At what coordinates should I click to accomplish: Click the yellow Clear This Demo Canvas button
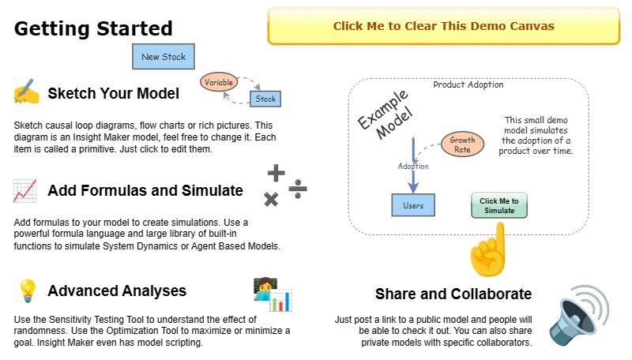[x=443, y=26]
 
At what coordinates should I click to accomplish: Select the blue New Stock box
[x=164, y=57]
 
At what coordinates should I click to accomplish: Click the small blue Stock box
[x=265, y=99]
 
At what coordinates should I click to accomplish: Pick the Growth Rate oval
[x=462, y=144]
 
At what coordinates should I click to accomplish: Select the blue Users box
[x=413, y=205]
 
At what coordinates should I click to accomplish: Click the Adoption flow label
[x=412, y=167]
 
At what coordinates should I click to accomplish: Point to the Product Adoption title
[x=468, y=84]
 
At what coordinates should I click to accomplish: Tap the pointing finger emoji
[x=487, y=250]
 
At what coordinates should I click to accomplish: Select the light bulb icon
[x=26, y=291]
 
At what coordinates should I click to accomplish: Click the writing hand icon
[x=26, y=92]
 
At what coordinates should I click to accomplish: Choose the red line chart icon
[x=24, y=190]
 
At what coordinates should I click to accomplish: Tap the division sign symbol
[x=297, y=188]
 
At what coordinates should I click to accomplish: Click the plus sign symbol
[x=276, y=173]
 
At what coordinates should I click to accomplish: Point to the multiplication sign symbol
[x=271, y=199]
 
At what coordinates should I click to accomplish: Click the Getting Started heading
[x=93, y=29]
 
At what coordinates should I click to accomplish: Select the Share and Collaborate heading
[x=453, y=294]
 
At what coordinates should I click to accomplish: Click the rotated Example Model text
[x=384, y=114]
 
